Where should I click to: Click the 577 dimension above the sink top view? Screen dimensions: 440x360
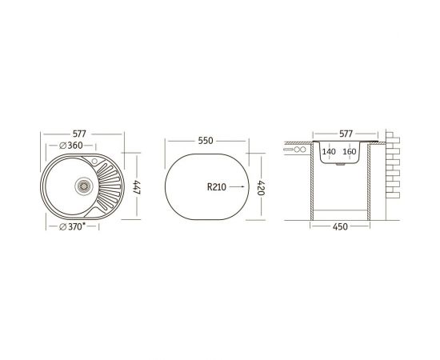point(79,134)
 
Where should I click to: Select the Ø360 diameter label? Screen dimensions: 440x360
point(71,146)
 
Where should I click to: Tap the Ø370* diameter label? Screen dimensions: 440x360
point(72,226)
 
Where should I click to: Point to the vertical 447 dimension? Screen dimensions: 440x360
point(137,188)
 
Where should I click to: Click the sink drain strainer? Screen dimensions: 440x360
point(84,186)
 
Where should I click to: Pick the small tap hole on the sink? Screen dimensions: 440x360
point(94,161)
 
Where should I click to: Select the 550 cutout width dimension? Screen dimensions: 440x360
point(206,141)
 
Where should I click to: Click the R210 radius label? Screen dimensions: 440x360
point(217,187)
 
